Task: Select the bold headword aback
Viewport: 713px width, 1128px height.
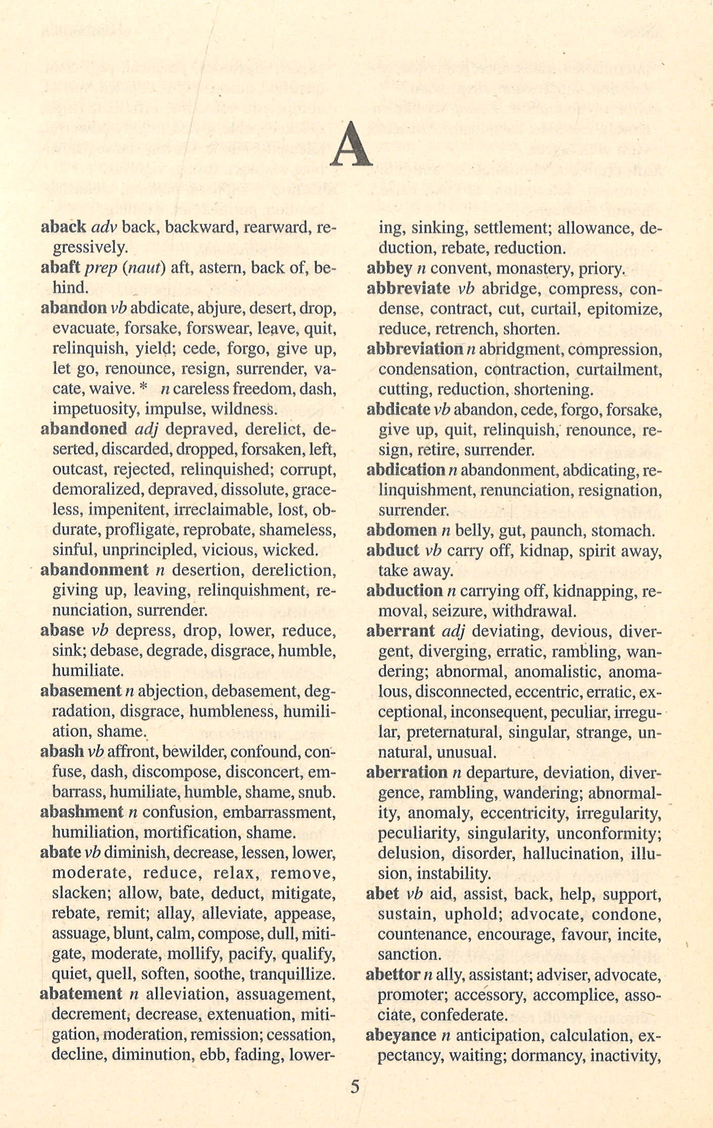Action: tap(63, 227)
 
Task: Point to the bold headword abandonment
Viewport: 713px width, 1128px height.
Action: tap(94, 570)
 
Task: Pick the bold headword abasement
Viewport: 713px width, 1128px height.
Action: tap(80, 691)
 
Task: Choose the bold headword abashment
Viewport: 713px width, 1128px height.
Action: tap(81, 812)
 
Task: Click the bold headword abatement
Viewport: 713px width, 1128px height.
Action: tap(81, 994)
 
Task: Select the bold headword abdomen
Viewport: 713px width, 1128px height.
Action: tap(401, 530)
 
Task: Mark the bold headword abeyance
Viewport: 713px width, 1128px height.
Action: tap(401, 1035)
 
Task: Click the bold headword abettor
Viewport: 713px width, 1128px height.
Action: tap(393, 975)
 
